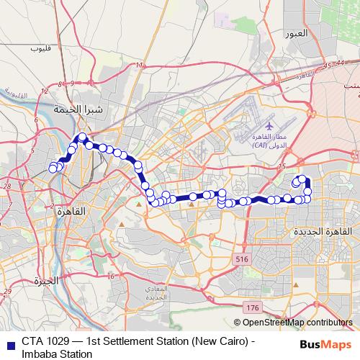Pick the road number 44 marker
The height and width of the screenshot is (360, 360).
click(339, 63)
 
